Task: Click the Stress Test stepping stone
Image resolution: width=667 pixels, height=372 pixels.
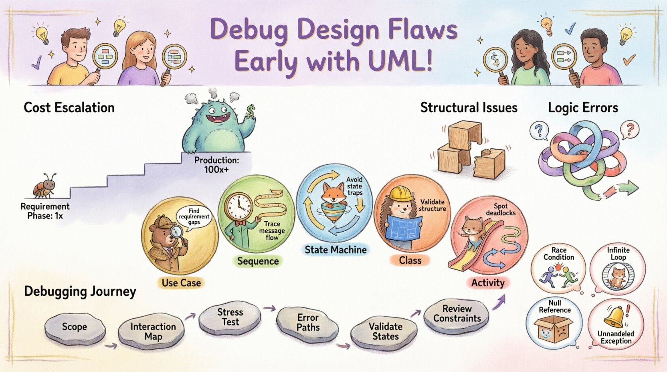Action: [230, 317]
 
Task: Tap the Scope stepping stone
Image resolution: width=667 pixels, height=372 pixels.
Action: [75, 327]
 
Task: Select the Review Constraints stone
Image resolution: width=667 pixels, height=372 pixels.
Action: [457, 314]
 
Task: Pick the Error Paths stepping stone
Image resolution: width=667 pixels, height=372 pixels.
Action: [308, 323]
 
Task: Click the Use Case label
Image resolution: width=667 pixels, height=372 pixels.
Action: [181, 283]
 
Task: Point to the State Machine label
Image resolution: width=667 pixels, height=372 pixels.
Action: [336, 250]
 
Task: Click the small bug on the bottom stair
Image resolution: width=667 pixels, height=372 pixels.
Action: [44, 186]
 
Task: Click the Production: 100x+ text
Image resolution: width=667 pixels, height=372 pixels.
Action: [216, 165]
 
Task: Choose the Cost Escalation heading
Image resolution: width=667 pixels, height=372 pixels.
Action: [69, 107]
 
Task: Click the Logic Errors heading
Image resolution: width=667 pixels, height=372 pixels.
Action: [583, 107]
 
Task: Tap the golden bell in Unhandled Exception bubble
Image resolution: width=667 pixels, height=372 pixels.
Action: [613, 317]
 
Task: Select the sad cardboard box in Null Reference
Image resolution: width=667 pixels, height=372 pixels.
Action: [555, 328]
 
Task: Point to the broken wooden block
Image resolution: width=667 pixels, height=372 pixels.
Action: [489, 162]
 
